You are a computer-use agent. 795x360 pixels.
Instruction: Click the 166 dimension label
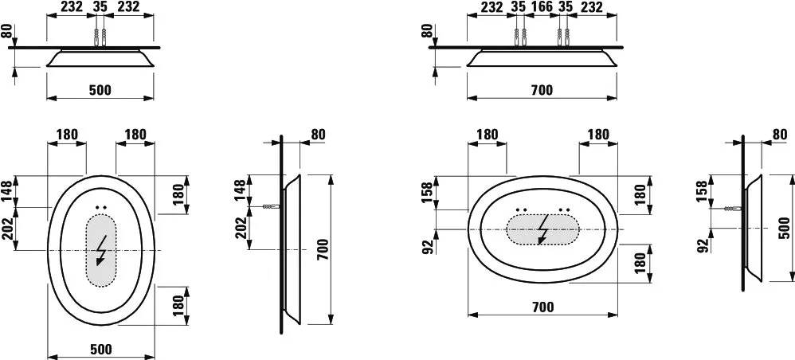click(542, 6)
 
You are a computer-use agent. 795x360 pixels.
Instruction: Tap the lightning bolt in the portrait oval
click(101, 250)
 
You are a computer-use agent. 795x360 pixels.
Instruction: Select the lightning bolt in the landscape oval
click(542, 229)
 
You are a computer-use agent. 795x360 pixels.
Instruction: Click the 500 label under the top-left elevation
click(100, 90)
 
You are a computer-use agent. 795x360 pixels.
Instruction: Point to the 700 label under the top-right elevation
click(542, 90)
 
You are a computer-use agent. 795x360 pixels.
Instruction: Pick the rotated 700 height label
click(323, 249)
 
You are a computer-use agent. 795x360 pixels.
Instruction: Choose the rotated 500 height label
click(784, 228)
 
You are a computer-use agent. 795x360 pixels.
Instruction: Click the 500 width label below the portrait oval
click(100, 349)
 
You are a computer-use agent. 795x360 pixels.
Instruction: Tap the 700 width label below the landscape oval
click(542, 307)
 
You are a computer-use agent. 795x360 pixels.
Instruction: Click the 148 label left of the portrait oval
click(6, 191)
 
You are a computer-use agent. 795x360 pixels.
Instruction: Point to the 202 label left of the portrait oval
click(6, 228)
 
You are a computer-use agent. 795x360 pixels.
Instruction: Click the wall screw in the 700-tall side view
click(272, 207)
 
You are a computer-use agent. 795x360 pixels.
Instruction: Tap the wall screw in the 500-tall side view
click(733, 209)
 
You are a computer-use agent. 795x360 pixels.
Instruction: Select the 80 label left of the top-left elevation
click(6, 31)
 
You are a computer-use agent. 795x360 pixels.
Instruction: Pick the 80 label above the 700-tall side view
click(317, 135)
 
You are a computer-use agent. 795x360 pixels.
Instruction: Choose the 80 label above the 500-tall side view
click(780, 135)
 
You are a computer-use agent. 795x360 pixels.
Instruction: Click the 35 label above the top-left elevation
click(100, 6)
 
